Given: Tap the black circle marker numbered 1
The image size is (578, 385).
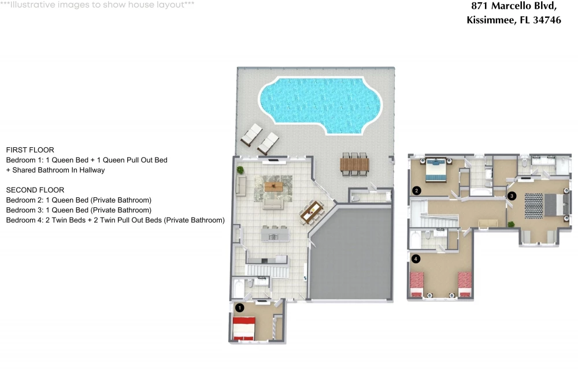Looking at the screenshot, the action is pos(240,308).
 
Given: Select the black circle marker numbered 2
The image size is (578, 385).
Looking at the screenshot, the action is pos(417,190).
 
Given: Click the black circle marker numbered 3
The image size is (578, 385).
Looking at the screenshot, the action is pos(512,196).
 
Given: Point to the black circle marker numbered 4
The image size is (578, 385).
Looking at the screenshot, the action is pos(416,259).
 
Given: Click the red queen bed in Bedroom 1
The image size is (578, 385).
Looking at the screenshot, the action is pos(244,328).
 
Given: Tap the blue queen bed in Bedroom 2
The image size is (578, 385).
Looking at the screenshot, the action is pos(436,170).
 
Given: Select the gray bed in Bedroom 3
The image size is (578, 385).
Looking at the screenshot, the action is pos(554,205).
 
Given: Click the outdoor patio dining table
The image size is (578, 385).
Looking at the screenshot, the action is pos(354,164).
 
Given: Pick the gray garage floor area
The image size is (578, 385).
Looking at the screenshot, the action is pos(350,254).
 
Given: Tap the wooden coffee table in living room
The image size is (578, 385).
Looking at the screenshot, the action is pos(273,186).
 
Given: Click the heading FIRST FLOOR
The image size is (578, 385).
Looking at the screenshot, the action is pos(30,150).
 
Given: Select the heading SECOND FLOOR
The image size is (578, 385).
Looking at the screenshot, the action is pos(35,190).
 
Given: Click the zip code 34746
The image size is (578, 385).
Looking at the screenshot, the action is pos(547,20).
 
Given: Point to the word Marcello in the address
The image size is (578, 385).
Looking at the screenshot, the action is pos(511,6).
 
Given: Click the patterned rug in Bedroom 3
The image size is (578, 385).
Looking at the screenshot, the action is pos(533,206).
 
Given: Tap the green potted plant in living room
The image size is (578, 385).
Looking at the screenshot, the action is pos(240,170).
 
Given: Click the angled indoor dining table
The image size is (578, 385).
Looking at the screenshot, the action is pos(312,212).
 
